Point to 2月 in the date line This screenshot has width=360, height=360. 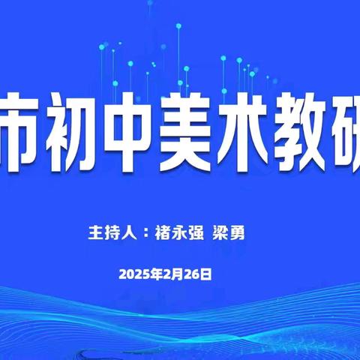[x=169, y=274]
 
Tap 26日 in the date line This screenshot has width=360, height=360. [x=197, y=274]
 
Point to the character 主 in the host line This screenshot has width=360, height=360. [x=94, y=232]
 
